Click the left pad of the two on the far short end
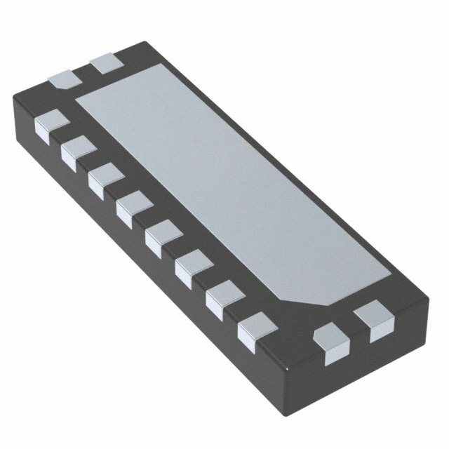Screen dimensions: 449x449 (x=65, y=79)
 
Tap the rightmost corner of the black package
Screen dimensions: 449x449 (x=428, y=298)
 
